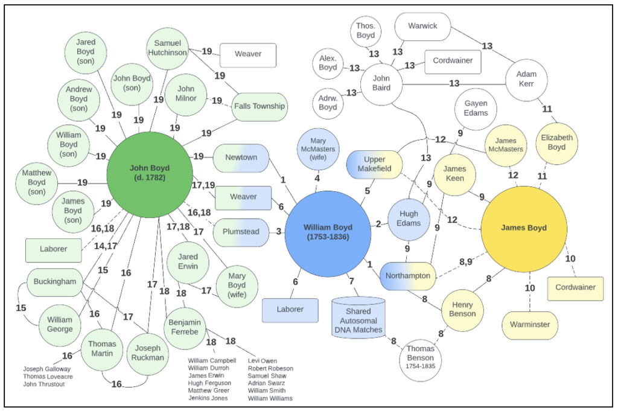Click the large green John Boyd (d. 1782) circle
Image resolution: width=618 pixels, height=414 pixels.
click(149, 173)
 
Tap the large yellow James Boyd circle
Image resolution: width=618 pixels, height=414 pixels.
click(523, 228)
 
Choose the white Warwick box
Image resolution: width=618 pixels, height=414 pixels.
click(422, 27)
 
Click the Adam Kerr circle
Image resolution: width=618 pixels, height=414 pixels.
click(526, 79)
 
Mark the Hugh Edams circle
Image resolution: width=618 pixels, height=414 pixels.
click(409, 218)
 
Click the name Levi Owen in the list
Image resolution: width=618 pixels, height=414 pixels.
click(263, 361)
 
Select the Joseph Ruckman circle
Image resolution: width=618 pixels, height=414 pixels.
click(148, 353)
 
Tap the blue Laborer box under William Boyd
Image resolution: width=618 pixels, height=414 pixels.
click(290, 310)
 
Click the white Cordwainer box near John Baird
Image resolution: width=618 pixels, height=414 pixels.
click(453, 62)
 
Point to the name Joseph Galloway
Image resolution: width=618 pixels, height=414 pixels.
click(47, 369)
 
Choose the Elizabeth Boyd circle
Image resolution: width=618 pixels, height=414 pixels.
click(557, 142)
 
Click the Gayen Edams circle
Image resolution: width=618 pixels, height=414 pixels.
click(476, 107)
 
